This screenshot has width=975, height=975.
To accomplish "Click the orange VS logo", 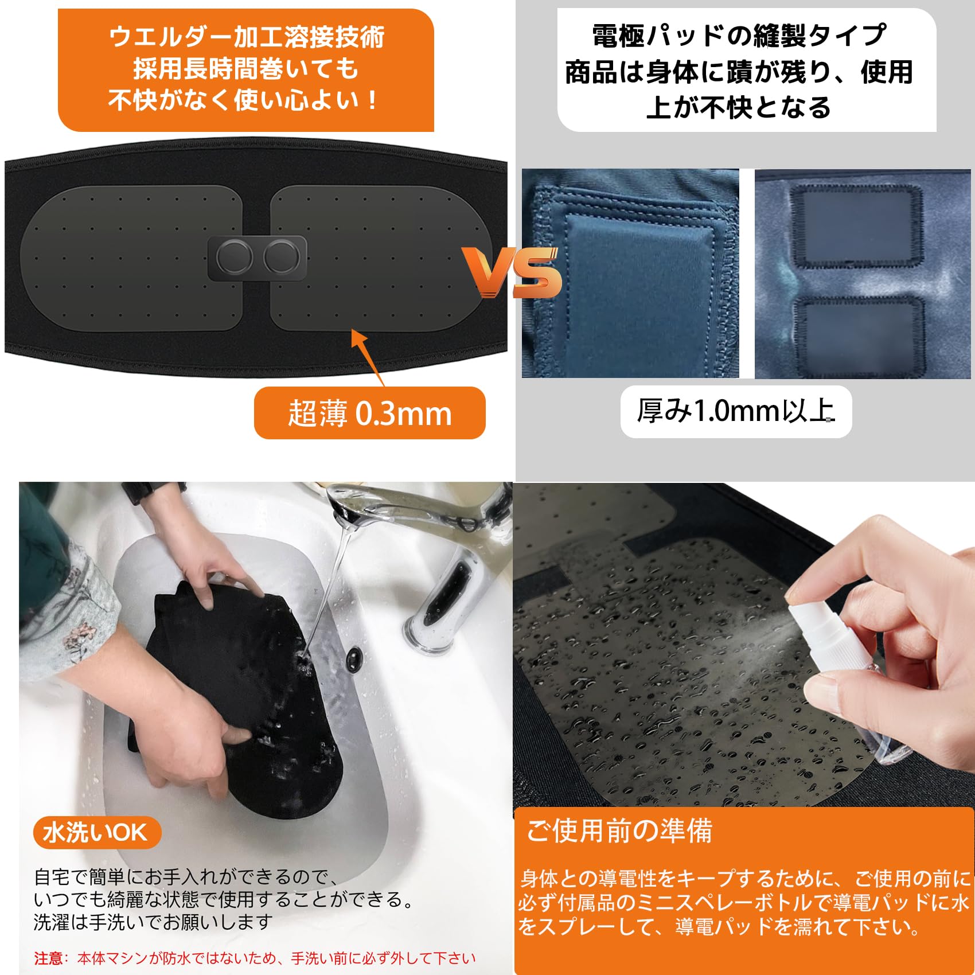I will coord(512,273).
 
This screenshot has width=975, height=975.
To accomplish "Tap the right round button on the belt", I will coord(281,257).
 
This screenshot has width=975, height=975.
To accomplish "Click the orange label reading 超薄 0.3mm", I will coord(369,413).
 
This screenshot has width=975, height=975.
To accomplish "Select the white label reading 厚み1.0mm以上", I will coord(736,411).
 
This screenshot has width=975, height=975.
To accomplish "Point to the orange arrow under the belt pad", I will coord(367,356).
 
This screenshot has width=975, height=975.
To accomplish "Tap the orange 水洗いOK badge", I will coord(96,833).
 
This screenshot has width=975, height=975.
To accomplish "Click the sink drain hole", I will coord(354,660).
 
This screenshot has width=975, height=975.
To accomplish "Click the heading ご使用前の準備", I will coord(619,830).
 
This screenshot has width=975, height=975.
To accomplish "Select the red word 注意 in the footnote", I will coord(48,958).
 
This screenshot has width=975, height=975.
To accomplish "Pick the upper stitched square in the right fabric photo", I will coord(856,227).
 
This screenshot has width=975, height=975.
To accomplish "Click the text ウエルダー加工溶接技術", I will coord(247,37).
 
